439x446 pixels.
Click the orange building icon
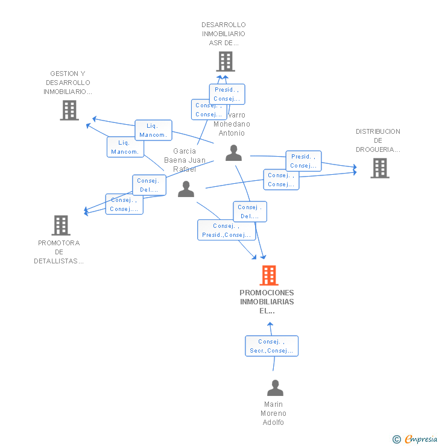269,275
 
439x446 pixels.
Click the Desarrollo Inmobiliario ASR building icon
225,61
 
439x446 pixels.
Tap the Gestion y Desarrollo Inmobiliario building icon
69,110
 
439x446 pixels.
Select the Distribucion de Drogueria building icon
379,168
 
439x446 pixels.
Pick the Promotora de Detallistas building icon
61,225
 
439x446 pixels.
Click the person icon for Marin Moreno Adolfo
275,388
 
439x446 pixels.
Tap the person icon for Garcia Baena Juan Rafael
186,189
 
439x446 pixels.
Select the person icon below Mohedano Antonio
233,153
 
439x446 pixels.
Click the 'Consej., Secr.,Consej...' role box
271,346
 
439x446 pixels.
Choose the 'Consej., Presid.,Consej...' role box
227,230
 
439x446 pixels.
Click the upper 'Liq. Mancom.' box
153,130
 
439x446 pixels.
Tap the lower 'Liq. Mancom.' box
125,147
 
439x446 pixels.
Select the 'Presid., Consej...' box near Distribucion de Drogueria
303,161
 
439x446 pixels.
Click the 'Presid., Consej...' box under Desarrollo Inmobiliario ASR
227,94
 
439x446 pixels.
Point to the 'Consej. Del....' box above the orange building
250,212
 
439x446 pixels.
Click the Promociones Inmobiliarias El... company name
267,302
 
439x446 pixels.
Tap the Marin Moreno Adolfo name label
273,413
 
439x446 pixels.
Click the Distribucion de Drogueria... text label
378,140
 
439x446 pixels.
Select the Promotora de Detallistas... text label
59,252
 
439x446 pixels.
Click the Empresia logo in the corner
415,439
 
